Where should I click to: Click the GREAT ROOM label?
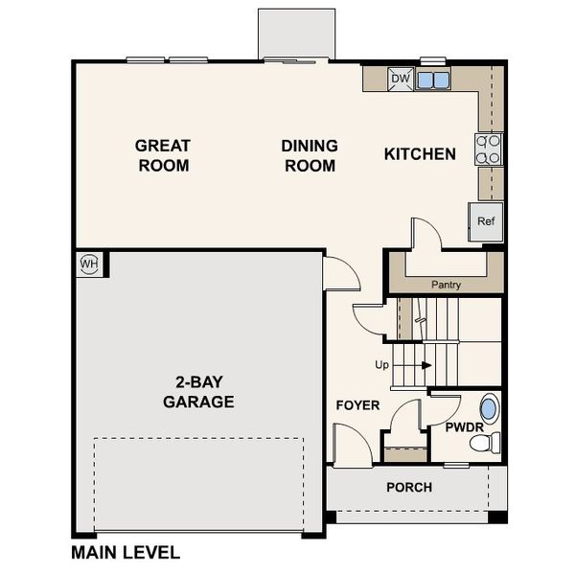pos(162,155)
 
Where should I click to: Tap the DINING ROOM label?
pos(310,155)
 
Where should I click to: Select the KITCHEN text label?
pos(419,153)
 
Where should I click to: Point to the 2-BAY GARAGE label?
pos(197,392)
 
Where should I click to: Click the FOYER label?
pos(357,405)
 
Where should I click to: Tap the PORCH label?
pos(408,487)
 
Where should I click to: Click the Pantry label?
pos(446,285)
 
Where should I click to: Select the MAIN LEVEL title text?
pos(126,553)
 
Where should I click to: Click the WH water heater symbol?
pos(88,263)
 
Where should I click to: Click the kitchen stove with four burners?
pos(489,149)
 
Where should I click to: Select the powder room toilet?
pos(491,442)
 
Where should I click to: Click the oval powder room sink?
pos(490,409)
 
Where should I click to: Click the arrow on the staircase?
pos(422,365)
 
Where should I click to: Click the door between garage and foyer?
pos(339,275)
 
